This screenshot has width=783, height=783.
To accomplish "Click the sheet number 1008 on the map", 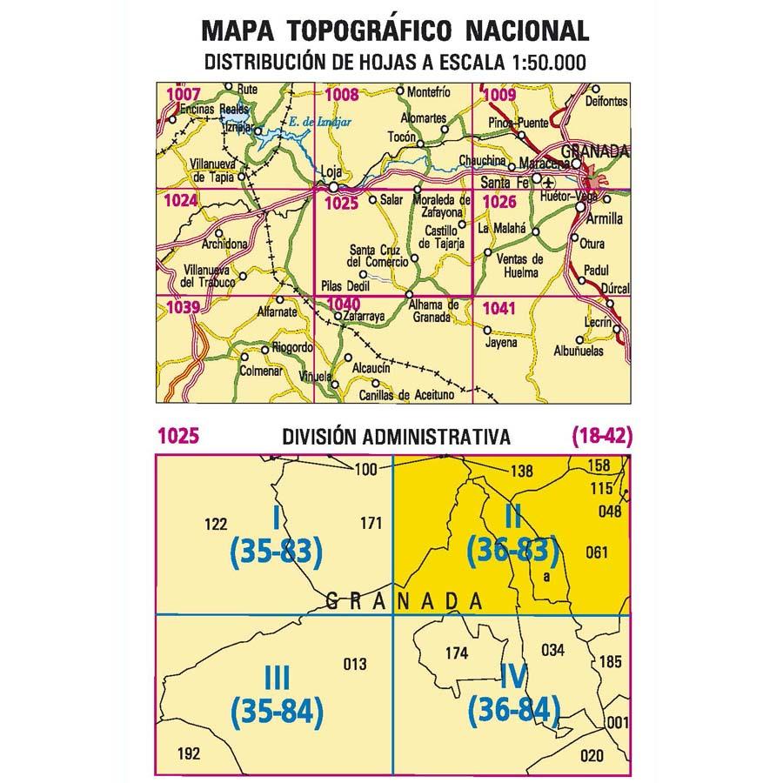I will [341, 95].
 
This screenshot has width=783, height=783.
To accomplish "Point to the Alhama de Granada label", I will [433, 311].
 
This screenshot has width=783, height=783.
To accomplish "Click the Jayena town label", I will [501, 342].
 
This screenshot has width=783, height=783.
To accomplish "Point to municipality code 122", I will [214, 524].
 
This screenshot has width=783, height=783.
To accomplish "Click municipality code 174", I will [456, 653].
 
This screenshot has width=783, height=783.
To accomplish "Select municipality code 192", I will [188, 753].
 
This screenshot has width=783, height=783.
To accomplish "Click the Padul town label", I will [595, 270].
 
